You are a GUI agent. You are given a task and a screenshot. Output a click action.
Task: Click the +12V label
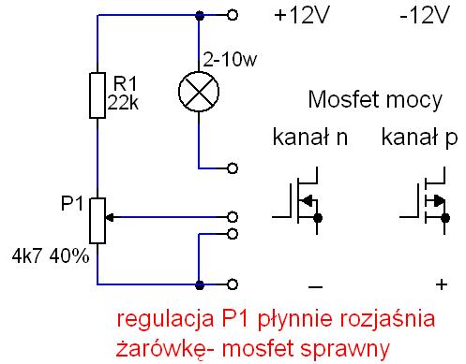coord(302,15)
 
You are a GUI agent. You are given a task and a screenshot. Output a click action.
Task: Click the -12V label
coord(425,15)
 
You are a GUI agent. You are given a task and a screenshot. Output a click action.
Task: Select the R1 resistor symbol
coord(98,95)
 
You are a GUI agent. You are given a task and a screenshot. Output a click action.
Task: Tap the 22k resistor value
coord(123,102)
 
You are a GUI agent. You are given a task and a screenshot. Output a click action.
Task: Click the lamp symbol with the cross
coord(199,92)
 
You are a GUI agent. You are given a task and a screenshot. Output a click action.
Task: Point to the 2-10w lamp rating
coord(230,59)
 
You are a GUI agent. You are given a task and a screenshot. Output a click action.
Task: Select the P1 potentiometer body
coord(98,221)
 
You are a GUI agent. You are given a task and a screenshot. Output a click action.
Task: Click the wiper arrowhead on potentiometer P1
coord(110,217)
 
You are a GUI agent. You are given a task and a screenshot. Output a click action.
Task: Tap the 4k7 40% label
coord(51,256)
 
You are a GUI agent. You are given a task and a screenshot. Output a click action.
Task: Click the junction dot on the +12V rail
coord(200,15)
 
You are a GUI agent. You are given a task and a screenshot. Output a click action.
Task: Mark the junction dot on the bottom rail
coord(200,284)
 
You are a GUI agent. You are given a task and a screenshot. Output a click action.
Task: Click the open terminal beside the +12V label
coord(233,15)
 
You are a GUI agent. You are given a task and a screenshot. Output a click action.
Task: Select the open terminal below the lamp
coord(233,168)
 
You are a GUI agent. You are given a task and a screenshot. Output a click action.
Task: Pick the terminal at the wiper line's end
coord(233,217)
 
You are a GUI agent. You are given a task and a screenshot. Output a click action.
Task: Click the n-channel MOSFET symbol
coord(297,201)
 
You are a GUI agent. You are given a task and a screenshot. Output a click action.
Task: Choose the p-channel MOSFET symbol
coord(425,201)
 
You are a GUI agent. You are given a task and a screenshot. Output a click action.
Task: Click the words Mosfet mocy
coord(375,100)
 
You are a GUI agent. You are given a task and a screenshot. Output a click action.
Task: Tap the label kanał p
coord(419,138)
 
